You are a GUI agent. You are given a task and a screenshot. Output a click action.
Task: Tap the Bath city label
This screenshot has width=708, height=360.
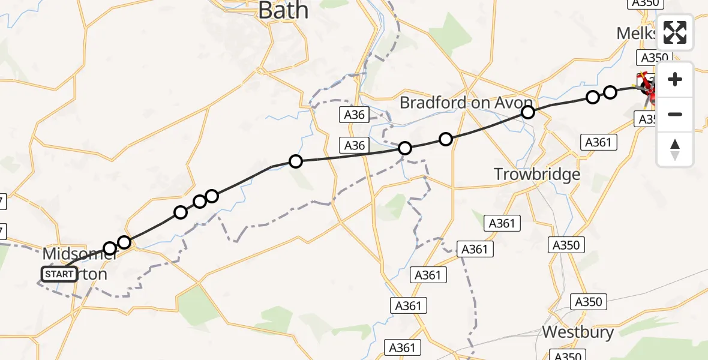coord(283,10)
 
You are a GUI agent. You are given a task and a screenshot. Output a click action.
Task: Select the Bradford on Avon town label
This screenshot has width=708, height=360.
coord(466,103)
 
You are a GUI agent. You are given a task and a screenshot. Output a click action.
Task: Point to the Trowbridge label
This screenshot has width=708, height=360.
coord(537,175)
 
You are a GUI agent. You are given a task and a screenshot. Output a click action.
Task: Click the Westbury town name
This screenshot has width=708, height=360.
coord(578,332)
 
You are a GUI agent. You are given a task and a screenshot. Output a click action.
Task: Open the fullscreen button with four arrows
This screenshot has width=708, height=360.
coord(675,32)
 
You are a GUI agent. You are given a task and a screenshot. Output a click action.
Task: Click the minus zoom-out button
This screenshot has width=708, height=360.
coord(675,114)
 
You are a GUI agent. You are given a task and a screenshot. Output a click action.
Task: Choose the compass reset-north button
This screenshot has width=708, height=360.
coord(675,149)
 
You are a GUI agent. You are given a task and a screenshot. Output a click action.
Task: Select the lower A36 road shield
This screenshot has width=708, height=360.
coord(355,145)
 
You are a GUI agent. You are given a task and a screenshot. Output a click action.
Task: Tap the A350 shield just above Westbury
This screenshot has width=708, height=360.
coord(588,302)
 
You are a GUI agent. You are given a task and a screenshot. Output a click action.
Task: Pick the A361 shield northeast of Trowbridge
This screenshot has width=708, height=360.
coord(598,142)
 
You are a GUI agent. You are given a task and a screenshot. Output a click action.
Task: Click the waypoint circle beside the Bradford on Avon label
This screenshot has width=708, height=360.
coord(528,112)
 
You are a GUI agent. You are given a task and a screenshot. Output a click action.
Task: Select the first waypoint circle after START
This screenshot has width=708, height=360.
coord(110,248)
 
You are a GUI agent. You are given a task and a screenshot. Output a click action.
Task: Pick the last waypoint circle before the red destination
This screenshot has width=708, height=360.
coord(610,92)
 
